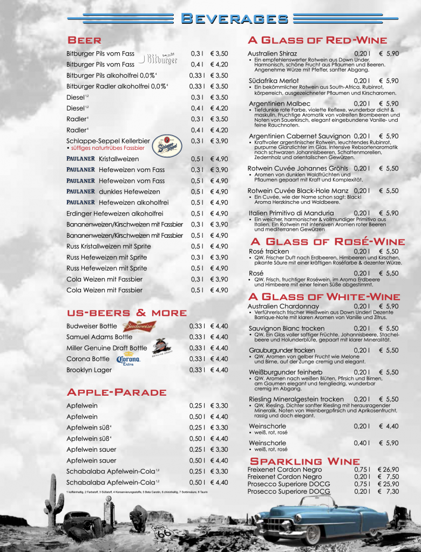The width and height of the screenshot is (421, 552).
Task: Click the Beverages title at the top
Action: click(234, 19)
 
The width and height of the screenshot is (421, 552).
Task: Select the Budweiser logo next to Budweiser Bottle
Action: click(139, 326)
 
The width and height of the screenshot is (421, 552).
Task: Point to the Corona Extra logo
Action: click(128, 360)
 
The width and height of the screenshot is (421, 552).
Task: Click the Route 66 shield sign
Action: click(162, 532)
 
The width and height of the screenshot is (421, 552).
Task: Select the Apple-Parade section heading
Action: click(116, 392)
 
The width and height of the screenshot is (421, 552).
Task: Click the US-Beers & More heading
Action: click(126, 313)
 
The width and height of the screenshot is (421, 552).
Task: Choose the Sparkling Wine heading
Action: click(304, 461)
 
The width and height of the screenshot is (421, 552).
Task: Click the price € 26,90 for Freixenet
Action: click(388, 470)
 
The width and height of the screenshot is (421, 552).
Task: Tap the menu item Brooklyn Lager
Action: click(89, 370)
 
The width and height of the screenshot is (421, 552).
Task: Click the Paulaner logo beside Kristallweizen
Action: click(80, 159)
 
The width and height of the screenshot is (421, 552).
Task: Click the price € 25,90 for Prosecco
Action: click(388, 484)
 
